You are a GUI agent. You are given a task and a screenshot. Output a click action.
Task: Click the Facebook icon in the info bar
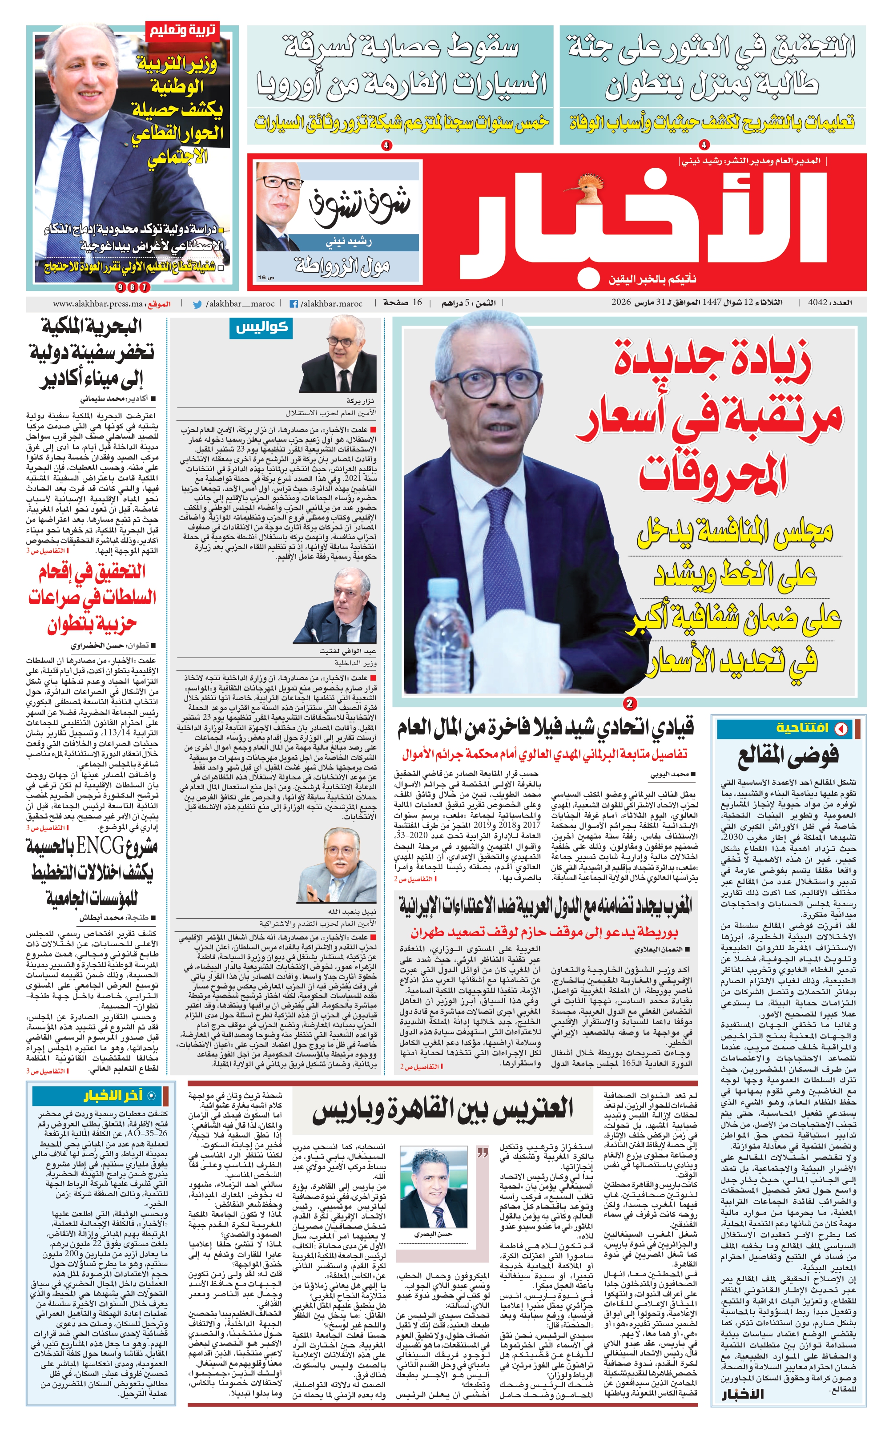[x=294, y=304]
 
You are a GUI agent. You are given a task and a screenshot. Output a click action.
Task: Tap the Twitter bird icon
[x=197, y=304]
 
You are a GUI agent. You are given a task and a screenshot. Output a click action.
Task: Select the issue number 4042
[x=819, y=303]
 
